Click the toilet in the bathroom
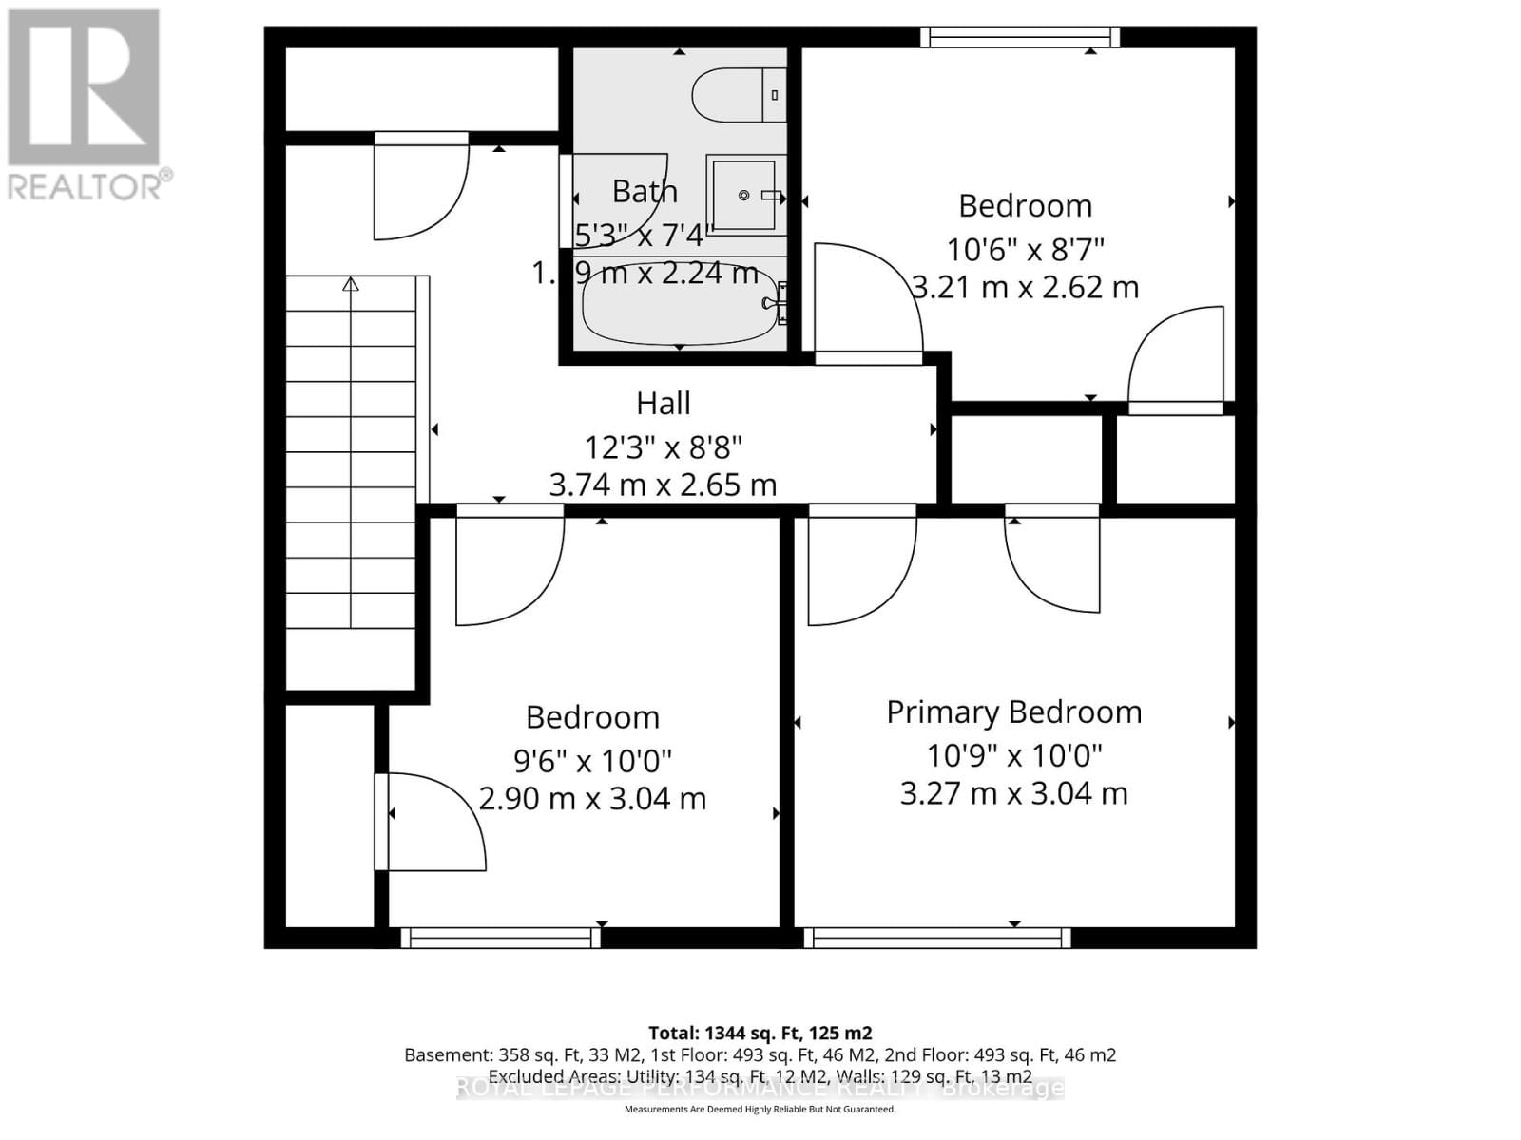(737, 95)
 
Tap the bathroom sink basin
(744, 195)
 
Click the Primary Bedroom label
(1013, 712)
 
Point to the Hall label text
(663, 403)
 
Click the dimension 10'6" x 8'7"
(1025, 249)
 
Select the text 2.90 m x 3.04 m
(592, 798)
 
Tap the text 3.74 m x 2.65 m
(663, 484)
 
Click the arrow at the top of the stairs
(351, 283)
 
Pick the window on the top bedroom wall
(1020, 37)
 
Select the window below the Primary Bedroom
(937, 938)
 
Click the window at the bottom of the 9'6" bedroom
(500, 938)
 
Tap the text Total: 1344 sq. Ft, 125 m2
(760, 1033)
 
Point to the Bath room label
(645, 191)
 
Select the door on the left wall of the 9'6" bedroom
(433, 822)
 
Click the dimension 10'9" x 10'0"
(1013, 755)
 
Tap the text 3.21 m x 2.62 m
(1025, 287)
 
